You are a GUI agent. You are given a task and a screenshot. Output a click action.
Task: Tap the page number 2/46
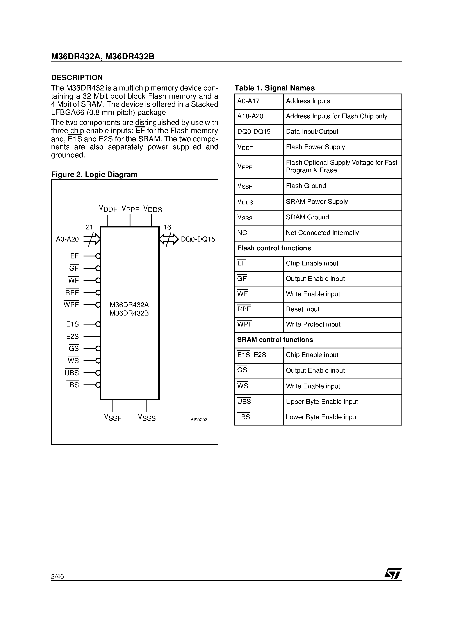coord(57,576)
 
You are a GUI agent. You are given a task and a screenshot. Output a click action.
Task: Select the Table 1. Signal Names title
coord(274,88)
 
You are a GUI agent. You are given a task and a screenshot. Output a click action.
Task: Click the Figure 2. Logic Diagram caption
coord(94,175)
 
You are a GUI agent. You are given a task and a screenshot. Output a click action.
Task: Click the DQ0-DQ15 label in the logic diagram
coord(198,239)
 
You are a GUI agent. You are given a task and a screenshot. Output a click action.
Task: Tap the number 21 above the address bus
coord(89,227)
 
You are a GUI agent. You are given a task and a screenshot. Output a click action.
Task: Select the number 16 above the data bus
coord(167,227)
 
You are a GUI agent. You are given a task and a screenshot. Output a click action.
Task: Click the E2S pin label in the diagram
coord(72,336)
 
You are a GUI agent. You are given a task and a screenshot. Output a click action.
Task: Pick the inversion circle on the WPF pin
coord(98,305)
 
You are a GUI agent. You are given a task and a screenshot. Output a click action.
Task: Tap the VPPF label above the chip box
coord(130,209)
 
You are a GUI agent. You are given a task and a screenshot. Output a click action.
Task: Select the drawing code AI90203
coord(199,420)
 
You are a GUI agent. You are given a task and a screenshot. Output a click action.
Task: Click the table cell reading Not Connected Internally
coord(322,233)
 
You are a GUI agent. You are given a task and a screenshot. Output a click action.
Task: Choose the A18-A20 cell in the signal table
coord(250,116)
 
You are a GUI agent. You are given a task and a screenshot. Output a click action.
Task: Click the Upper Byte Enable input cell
coord(321,402)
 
